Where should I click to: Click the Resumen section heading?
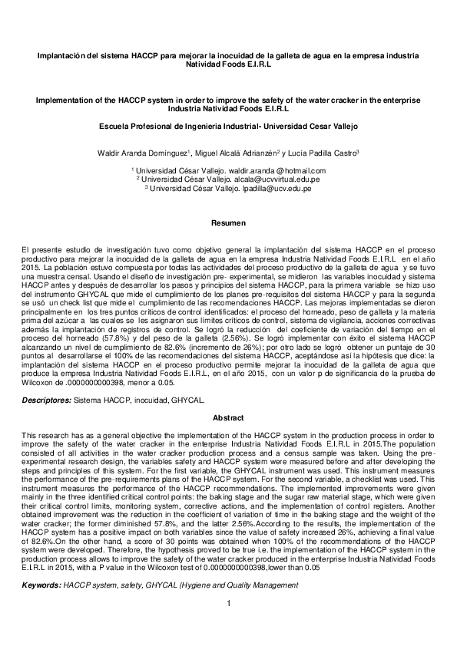point(228,223)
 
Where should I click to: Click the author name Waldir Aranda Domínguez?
point(142,153)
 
